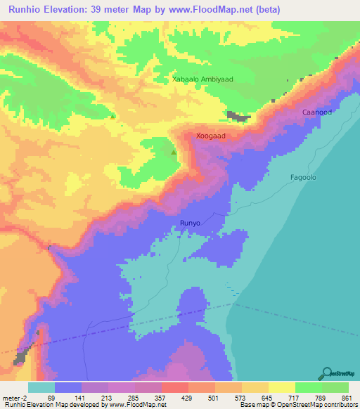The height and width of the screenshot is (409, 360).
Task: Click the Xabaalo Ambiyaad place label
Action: [x=203, y=80]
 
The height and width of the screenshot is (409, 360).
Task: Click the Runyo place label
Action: [x=191, y=223]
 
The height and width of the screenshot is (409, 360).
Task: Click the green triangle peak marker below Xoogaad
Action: [x=174, y=150]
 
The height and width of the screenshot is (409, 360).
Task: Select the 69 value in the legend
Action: [x=51, y=397]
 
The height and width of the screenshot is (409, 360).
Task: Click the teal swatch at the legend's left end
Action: [x=41, y=387]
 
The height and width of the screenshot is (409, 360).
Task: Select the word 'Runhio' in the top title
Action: [x=27, y=10]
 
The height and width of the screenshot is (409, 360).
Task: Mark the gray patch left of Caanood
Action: [x=238, y=116]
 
